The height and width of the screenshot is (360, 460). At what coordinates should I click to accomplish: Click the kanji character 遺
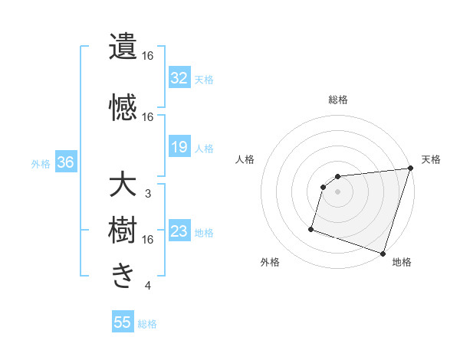123,46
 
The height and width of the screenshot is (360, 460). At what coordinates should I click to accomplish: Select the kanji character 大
123,187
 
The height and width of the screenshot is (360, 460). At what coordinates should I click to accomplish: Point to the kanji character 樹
123,230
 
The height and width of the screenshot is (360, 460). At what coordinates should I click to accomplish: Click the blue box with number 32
179,77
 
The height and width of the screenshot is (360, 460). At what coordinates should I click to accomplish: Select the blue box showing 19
179,146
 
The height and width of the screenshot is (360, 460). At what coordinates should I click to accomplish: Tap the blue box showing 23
179,231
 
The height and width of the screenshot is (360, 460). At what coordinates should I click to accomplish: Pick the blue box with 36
65,162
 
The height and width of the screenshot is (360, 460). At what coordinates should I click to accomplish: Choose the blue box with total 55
123,322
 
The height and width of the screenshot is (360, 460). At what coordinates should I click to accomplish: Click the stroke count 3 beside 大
147,194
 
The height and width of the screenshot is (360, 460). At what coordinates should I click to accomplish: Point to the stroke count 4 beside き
147,286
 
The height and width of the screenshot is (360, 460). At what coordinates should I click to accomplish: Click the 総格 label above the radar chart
338,100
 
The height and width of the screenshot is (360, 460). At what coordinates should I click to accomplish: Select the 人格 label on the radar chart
245,159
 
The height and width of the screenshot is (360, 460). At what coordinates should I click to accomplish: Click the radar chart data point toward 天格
409,169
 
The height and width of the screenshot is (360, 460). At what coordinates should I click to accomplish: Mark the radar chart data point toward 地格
383,253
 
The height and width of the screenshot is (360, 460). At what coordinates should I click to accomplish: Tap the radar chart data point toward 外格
311,228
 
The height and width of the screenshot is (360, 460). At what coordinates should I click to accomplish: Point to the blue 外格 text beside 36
41,163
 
